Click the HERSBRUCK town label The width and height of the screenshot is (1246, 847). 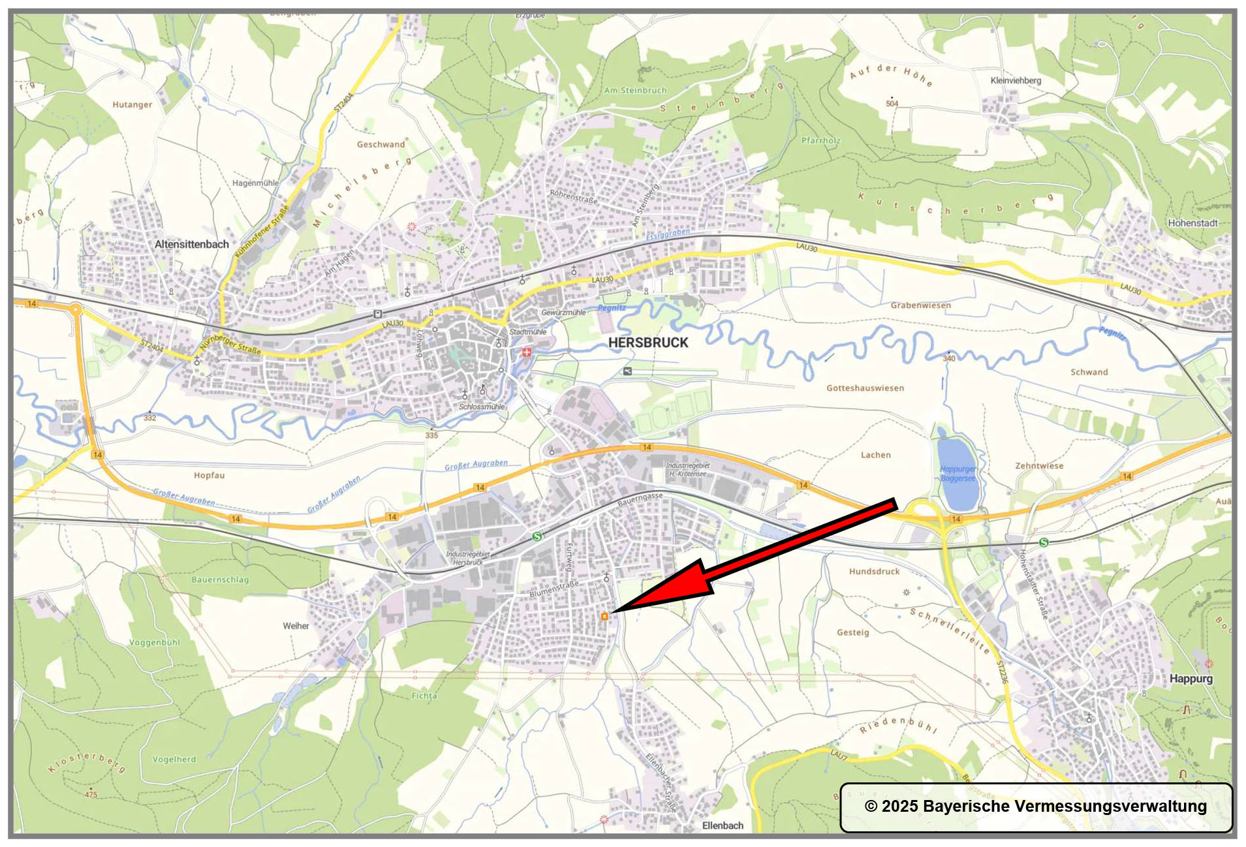click(647, 343)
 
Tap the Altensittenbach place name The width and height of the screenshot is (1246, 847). click(191, 245)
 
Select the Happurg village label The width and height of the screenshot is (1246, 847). click(1191, 679)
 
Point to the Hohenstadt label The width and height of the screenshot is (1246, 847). click(1192, 223)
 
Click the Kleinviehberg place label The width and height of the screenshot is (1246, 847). click(1016, 81)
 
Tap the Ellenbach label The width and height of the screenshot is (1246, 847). click(723, 825)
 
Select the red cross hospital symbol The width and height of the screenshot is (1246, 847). click(526, 352)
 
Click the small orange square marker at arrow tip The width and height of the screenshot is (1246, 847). click(605, 616)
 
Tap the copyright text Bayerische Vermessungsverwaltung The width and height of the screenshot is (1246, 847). click(1036, 807)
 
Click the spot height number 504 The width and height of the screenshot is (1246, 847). click(892, 104)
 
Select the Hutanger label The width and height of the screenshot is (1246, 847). click(132, 105)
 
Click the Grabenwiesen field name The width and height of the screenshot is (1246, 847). click(920, 305)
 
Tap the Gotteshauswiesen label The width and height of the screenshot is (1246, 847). click(865, 388)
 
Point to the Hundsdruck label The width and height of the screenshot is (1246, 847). click(874, 572)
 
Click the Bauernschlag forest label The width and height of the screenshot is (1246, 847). click(220, 580)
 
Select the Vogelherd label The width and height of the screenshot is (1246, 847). click(174, 760)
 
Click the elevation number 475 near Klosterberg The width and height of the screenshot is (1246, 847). click(91, 795)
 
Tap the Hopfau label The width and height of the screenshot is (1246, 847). click(209, 476)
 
